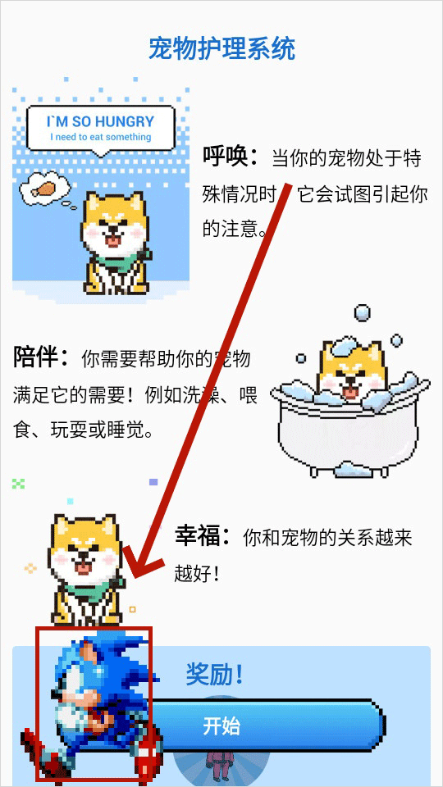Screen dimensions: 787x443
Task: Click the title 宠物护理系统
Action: click(x=221, y=48)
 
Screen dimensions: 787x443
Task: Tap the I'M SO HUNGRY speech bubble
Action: click(x=101, y=128)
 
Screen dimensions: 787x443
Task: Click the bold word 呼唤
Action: click(x=231, y=156)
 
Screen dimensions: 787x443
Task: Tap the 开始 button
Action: click(x=221, y=726)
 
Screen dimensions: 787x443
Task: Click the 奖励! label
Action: click(x=214, y=675)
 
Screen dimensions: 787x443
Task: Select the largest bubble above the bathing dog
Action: click(x=362, y=312)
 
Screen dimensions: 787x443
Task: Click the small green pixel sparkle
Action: click(x=19, y=484)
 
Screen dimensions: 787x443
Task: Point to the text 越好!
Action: click(x=197, y=573)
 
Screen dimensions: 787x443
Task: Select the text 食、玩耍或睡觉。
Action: click(x=83, y=430)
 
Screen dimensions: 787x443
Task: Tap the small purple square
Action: click(x=153, y=482)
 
